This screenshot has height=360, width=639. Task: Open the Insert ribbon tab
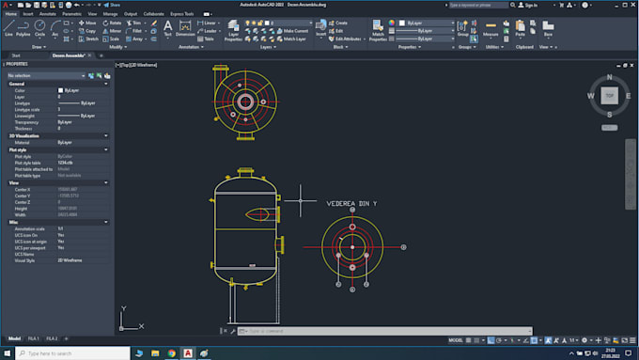coord(27,14)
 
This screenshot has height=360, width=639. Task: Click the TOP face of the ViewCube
coord(609,96)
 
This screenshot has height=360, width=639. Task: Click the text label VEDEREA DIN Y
coord(351,202)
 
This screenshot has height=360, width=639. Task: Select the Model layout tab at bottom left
coord(14,337)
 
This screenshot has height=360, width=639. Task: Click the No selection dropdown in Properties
coord(56,74)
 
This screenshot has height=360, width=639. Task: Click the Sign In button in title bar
coord(530,5)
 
